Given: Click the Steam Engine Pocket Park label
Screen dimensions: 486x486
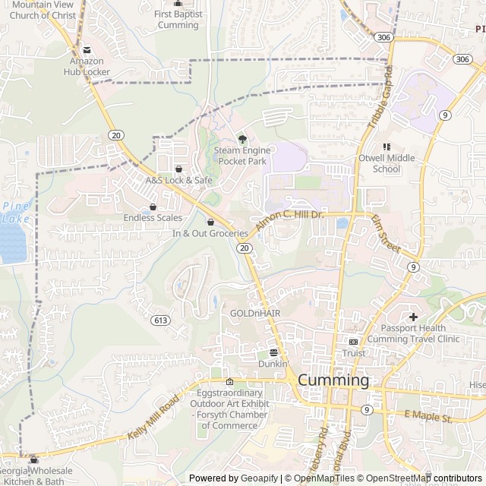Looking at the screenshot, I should [241, 156].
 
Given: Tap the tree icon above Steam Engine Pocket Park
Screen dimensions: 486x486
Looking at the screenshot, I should [242, 139].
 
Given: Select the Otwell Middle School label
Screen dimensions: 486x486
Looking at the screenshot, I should [387, 163].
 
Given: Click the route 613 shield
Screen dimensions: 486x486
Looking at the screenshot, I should [159, 320].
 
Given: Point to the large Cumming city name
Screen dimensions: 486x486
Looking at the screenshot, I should [333, 380].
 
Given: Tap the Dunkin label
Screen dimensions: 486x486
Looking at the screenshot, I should [273, 364].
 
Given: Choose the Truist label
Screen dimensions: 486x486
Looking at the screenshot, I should [353, 353].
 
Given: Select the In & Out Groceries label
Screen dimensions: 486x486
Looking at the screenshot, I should [210, 233].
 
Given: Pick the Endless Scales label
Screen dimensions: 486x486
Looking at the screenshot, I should [153, 218].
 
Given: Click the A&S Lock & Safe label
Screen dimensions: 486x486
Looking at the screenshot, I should [179, 180].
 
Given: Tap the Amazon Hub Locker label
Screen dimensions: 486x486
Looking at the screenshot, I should [86, 66].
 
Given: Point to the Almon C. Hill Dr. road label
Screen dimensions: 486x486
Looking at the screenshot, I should [289, 221].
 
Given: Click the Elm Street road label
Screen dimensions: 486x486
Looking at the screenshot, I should [385, 233].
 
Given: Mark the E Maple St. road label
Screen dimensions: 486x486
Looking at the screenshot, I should [428, 416].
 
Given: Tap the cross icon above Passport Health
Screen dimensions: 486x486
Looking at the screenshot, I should [413, 317].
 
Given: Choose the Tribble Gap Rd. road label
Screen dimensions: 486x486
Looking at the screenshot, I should [380, 98].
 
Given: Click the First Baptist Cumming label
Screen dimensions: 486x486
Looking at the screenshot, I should [178, 19].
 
